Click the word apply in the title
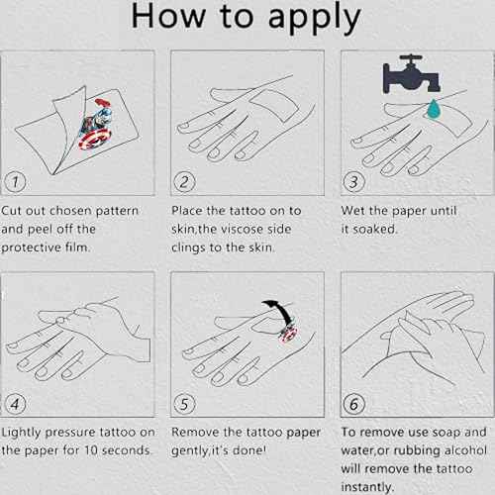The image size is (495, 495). click(x=314, y=18)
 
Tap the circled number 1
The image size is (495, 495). click(x=15, y=182)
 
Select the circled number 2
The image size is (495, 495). click(x=184, y=182)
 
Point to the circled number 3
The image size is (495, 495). click(x=353, y=182)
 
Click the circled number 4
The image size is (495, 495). click(x=15, y=404)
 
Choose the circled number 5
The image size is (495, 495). click(x=184, y=404)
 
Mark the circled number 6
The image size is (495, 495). click(x=353, y=404)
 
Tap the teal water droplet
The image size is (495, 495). click(x=434, y=109)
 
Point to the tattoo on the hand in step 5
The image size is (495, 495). click(x=288, y=334)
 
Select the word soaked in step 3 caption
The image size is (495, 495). click(x=375, y=229)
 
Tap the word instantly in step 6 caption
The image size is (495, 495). click(x=367, y=487)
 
